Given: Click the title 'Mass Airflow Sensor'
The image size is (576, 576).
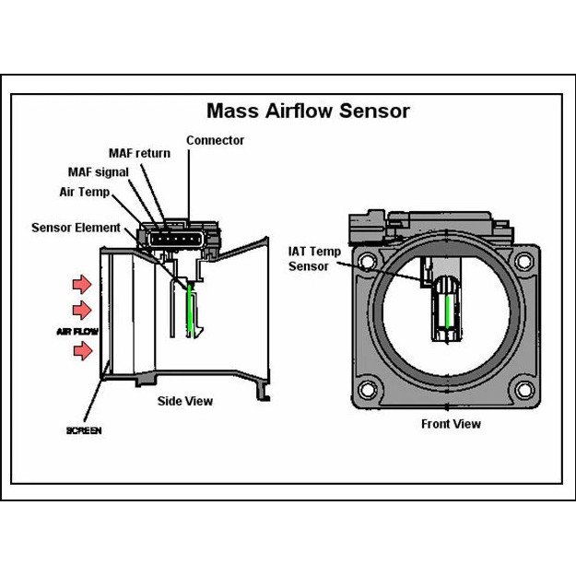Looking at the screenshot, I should tap(308, 112).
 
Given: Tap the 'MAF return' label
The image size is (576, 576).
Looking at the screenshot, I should tap(139, 153).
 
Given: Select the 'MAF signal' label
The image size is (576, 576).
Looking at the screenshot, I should tap(99, 172).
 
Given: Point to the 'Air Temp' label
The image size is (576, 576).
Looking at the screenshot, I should tap(84, 192).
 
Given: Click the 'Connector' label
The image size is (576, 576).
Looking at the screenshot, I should tap(215, 141).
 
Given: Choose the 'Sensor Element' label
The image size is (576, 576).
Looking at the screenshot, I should tap(76, 228).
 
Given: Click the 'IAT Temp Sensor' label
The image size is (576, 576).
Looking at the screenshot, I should tap(314, 258).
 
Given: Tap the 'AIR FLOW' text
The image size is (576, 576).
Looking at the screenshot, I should tap(77, 330).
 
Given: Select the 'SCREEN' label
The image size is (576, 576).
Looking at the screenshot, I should tap(84, 430).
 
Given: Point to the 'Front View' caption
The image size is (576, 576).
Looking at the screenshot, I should tap(451, 424).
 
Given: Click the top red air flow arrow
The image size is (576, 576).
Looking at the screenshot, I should tap(82, 281).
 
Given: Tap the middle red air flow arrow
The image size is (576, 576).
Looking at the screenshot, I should tap(82, 309).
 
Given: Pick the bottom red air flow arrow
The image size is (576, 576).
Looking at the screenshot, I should tap(84, 350).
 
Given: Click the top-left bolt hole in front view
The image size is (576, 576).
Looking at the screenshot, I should tap(369, 261).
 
